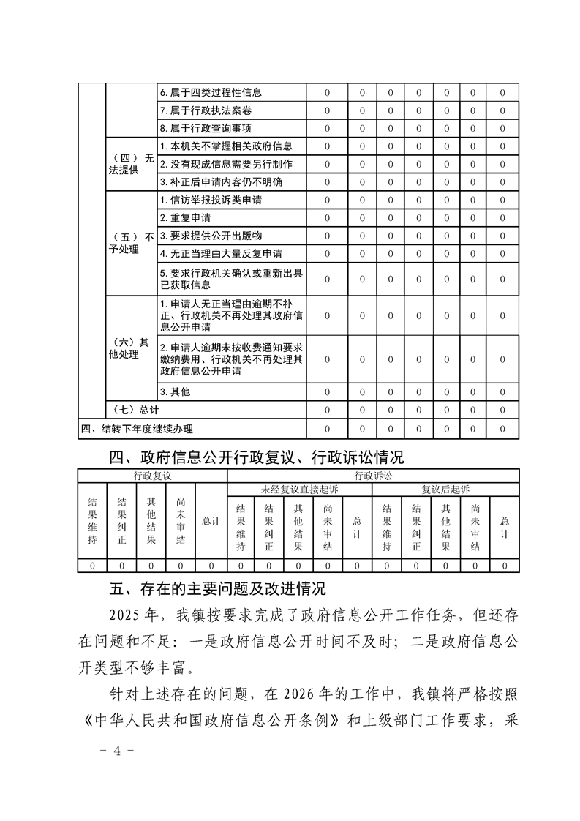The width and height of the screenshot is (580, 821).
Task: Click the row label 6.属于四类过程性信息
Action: [211, 93]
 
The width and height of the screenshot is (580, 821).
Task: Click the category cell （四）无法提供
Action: [130, 164]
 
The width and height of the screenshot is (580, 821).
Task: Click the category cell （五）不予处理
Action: [130, 244]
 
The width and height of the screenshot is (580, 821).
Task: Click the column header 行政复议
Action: [152, 476]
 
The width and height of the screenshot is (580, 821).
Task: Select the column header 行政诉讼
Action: [373, 476]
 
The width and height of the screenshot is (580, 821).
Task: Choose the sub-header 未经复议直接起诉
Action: [300, 488]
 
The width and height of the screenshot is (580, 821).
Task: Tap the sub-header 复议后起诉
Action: [445, 488]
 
